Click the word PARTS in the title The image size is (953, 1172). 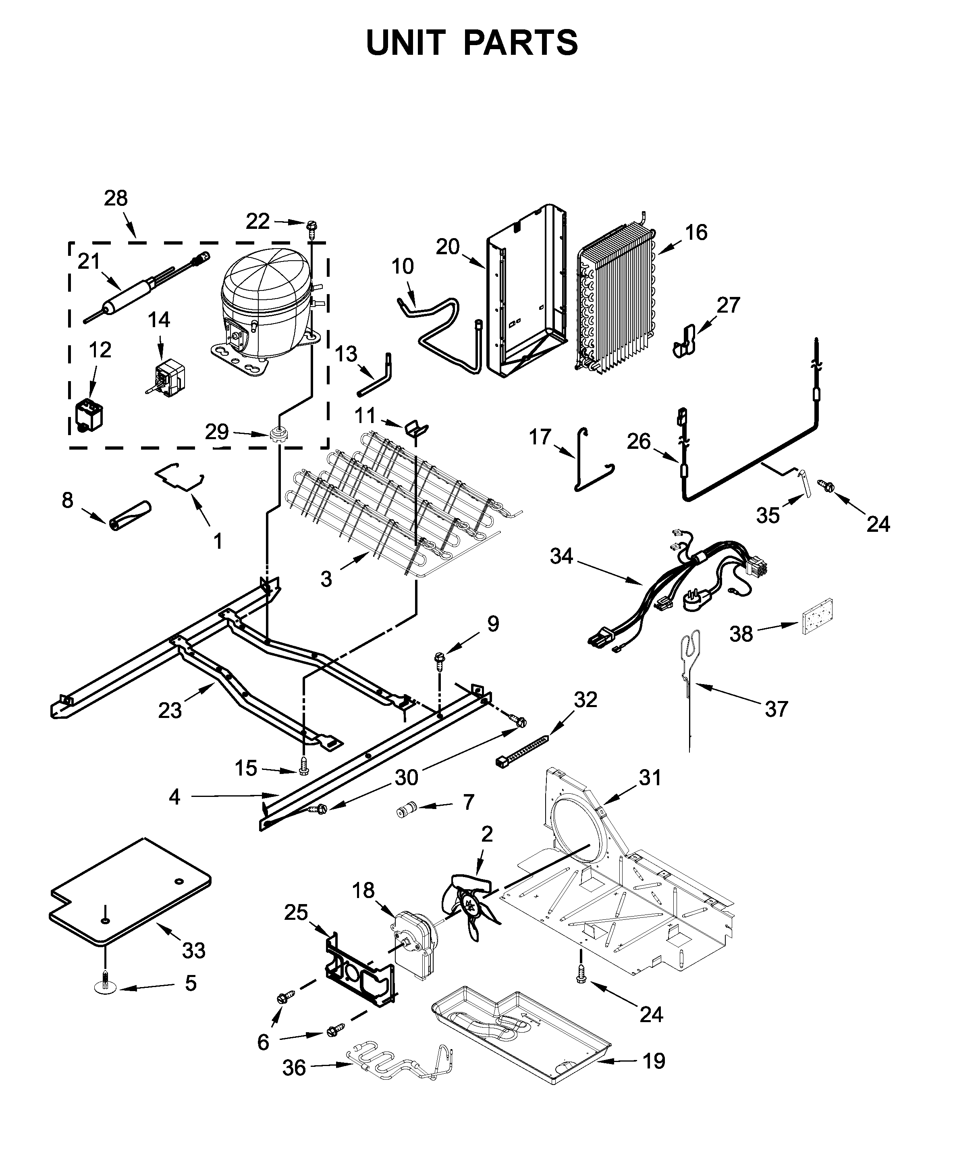point(520,43)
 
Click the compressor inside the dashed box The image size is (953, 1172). point(264,313)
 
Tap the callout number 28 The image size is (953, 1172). point(115,198)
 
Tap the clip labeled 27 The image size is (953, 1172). point(684,341)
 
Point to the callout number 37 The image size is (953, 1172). point(776,709)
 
